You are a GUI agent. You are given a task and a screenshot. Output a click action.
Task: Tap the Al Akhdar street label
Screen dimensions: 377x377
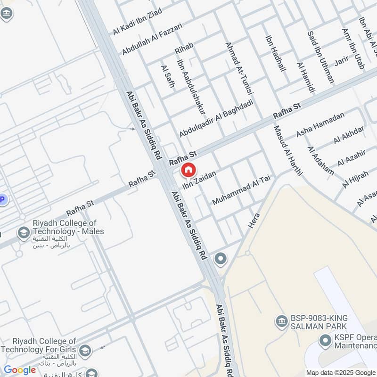click(349, 135)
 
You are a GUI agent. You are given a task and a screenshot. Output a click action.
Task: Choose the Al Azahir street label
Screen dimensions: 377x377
click(352, 155)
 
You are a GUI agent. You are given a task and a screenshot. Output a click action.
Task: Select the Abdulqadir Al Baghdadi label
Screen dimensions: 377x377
click(216, 118)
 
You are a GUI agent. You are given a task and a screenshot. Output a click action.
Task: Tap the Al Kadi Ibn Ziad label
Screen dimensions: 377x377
click(137, 21)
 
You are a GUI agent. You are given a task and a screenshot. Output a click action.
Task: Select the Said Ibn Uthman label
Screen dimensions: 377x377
click(320, 57)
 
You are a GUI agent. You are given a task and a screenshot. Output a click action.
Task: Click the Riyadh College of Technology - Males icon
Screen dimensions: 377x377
click(22, 233)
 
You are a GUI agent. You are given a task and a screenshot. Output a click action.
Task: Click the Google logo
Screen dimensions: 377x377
click(20, 370)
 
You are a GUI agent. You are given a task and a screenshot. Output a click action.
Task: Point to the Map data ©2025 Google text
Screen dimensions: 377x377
click(340, 372)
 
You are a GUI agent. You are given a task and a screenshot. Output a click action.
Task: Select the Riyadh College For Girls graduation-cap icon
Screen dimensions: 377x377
click(85, 350)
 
